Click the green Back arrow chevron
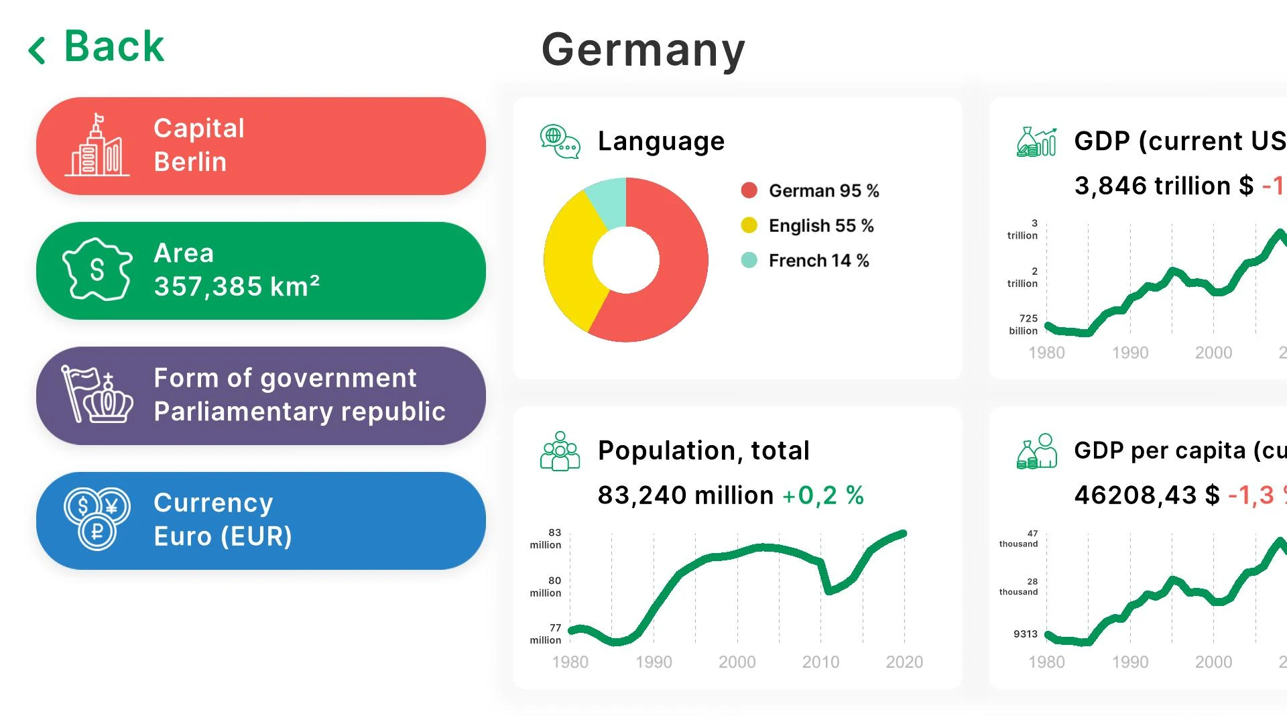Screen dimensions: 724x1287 pyautogui.click(x=37, y=50)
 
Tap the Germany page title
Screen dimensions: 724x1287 pyautogui.click(x=643, y=50)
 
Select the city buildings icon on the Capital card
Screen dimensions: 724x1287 pyautogui.click(x=97, y=145)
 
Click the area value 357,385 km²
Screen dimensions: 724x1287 pyautogui.click(x=237, y=286)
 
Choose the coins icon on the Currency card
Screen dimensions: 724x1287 pyautogui.click(x=97, y=519)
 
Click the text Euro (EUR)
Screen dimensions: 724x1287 pyautogui.click(x=223, y=536)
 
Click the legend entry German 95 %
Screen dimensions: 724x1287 pyautogui.click(x=823, y=191)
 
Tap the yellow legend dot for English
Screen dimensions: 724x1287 pyautogui.click(x=749, y=225)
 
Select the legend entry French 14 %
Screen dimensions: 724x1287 pyautogui.click(x=818, y=261)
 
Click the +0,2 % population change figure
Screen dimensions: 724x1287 pyautogui.click(x=822, y=495)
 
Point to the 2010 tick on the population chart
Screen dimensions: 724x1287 pyautogui.click(x=820, y=662)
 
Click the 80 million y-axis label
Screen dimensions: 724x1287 pyautogui.click(x=546, y=587)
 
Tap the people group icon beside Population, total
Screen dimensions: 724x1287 pyautogui.click(x=560, y=451)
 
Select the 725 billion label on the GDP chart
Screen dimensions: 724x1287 pyautogui.click(x=1024, y=324)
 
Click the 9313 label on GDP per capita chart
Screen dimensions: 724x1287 pyautogui.click(x=1025, y=633)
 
